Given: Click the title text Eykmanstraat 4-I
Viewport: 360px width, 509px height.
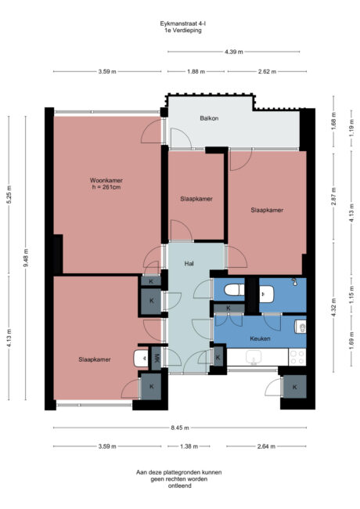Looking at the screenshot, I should [x=179, y=24].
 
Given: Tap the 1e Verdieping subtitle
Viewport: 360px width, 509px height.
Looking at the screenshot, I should [x=179, y=31].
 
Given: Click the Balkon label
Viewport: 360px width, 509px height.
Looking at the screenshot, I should [x=209, y=118].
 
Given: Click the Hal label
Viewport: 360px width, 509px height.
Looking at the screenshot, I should [x=189, y=264].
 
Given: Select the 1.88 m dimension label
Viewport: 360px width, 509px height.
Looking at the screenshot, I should [x=196, y=71].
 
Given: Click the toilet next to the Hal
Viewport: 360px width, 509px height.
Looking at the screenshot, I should [x=232, y=291].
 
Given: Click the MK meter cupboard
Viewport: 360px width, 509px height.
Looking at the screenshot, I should [x=157, y=359].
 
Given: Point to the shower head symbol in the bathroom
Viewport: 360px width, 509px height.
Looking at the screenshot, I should [x=294, y=281].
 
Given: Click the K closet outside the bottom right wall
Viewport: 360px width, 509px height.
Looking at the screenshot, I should [x=295, y=386].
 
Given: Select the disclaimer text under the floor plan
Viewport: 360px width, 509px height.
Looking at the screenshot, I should [x=179, y=479].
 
